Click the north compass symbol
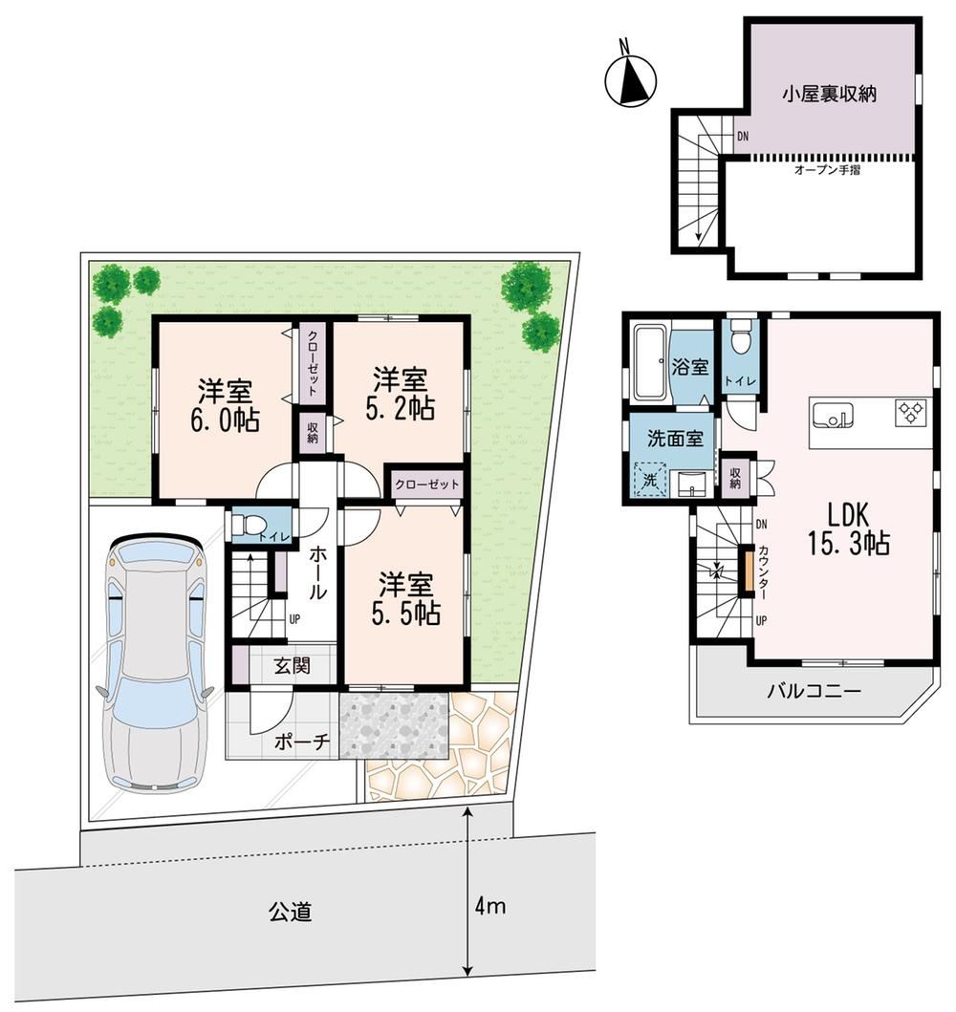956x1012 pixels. click(630, 79)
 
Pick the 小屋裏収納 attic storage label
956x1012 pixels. click(830, 95)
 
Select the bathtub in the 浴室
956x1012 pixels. click(652, 363)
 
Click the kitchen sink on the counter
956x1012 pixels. click(833, 416)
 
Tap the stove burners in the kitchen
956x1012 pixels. click(911, 413)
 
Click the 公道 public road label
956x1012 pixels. click(291, 912)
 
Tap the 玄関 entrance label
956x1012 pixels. click(293, 665)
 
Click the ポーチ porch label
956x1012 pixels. click(302, 743)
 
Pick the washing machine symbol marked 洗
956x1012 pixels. click(649, 480)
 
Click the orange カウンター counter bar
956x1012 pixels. click(748, 570)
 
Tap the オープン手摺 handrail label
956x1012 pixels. click(827, 171)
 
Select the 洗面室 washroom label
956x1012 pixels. click(675, 439)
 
